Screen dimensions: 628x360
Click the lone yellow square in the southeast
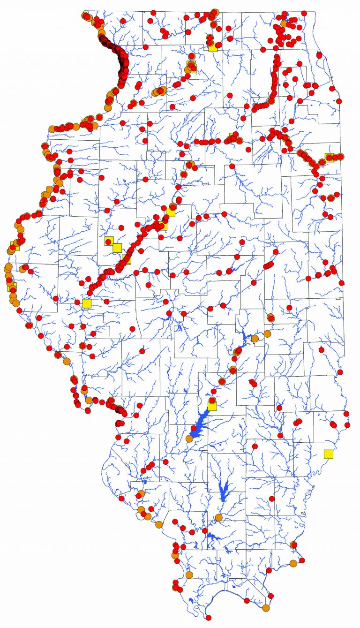pos(328,454)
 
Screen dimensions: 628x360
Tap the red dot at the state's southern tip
pos(208,617)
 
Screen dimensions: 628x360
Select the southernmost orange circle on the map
pos(266,608)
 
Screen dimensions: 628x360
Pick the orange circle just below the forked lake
pos(218,518)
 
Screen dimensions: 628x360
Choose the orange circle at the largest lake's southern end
pos(189,439)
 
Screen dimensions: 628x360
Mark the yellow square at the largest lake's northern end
pos(212,406)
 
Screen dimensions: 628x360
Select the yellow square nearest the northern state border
pos(213,47)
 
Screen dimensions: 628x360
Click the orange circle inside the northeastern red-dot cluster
pos(284,23)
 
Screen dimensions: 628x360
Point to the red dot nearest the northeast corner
pos(304,13)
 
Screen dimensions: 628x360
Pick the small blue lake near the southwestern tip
pos(190,601)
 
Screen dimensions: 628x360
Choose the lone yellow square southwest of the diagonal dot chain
pos(86,303)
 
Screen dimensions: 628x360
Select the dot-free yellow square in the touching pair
pos(117,248)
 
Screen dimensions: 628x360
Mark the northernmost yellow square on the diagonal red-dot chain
pos(171,212)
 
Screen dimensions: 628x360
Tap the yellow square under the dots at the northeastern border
pos(329,157)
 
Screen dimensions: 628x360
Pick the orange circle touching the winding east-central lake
pos(255,338)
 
